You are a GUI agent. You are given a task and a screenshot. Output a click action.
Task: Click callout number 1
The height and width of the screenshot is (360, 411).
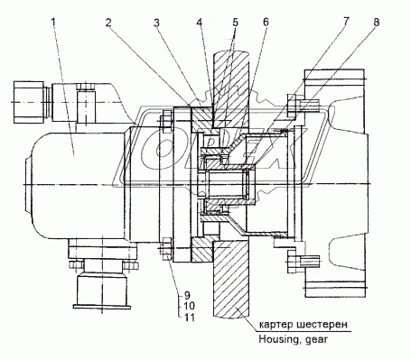(x=53, y=22)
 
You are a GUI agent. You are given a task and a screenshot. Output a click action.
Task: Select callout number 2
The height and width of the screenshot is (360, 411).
(x=108, y=22)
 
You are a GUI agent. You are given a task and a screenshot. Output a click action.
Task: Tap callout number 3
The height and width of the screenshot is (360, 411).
(x=156, y=22)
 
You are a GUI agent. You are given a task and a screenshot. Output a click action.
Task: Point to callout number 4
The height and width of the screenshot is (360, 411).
(x=200, y=22)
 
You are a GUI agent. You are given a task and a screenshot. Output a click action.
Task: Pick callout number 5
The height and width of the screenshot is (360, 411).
(x=235, y=22)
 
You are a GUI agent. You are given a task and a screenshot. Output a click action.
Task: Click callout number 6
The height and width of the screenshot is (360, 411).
(x=266, y=22)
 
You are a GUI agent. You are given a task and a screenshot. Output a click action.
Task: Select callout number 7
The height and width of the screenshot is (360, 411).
(x=346, y=22)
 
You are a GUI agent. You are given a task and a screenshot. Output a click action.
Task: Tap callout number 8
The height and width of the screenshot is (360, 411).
(x=376, y=22)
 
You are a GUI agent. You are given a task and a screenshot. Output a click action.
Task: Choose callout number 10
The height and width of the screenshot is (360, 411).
(x=189, y=306)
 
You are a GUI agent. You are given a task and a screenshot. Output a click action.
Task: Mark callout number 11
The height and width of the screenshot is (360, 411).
(x=189, y=317)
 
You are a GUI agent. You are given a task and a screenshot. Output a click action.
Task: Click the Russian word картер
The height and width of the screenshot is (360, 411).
(x=276, y=325)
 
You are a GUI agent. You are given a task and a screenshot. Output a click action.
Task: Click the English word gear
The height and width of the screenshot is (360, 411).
(x=316, y=340)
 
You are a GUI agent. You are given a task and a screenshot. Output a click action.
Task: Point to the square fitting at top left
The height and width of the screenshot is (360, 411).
(x=29, y=102)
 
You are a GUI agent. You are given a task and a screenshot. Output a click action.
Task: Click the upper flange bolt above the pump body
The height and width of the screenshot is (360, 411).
(x=166, y=122)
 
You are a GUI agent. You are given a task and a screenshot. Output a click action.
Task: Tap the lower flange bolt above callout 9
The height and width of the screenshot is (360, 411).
(x=166, y=249)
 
